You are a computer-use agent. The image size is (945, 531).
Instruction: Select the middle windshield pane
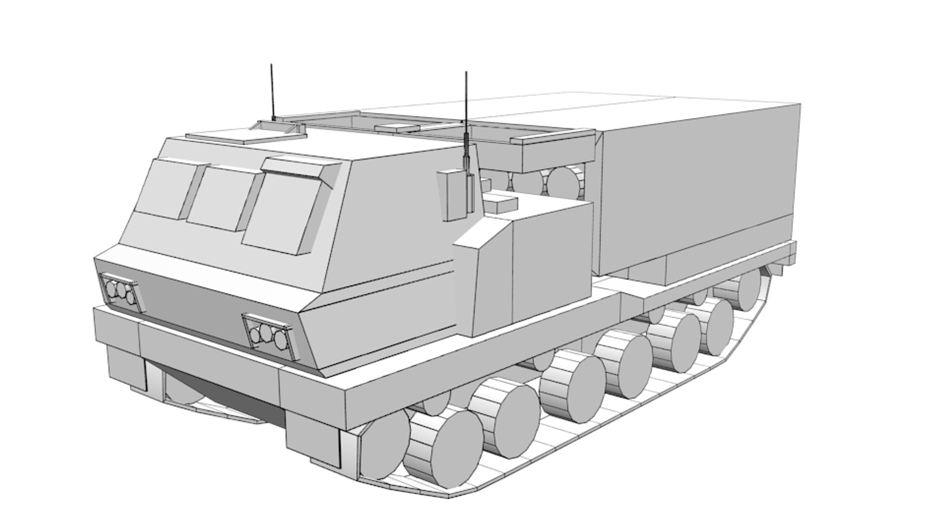point(218,197)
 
